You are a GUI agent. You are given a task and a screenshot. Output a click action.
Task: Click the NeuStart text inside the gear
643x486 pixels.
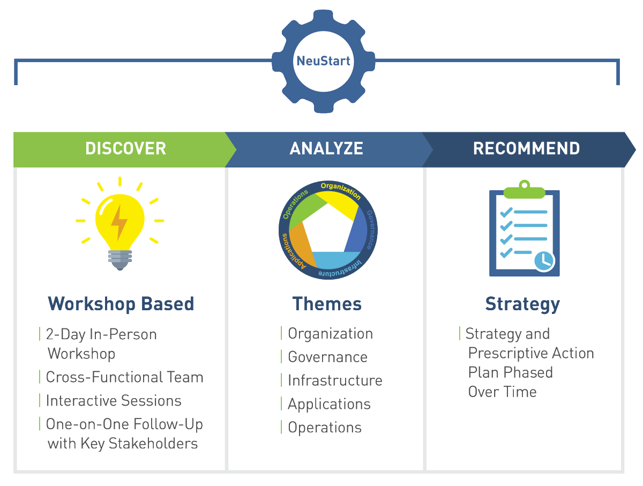[x=324, y=61]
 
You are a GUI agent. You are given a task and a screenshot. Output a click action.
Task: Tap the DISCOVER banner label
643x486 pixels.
[x=125, y=148]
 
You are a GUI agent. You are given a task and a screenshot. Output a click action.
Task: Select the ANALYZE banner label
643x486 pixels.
[x=326, y=148]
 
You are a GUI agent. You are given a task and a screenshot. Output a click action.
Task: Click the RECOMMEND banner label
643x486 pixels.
[x=526, y=148]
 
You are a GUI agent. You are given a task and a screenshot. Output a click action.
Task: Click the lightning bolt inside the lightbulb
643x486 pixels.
[x=119, y=221]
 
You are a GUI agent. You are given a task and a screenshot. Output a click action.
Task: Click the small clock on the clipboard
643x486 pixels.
[x=544, y=260]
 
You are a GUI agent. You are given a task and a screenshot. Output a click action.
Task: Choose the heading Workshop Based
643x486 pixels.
[x=121, y=304]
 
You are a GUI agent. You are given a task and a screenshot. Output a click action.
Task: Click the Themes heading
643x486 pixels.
[x=327, y=304]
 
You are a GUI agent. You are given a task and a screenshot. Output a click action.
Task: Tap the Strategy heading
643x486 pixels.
[x=522, y=304]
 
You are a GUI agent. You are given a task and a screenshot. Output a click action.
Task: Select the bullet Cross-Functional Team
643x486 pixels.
[x=124, y=377]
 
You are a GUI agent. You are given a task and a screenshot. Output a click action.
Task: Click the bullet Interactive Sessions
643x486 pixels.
[x=114, y=401]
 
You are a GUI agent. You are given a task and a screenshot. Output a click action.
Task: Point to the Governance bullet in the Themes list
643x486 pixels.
[x=327, y=357]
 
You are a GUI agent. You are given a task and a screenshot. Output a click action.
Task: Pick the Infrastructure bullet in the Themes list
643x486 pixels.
[x=335, y=380]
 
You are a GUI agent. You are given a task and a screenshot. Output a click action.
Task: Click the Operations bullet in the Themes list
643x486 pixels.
[x=325, y=428]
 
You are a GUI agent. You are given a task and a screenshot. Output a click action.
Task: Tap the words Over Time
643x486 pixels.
[x=502, y=392]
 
